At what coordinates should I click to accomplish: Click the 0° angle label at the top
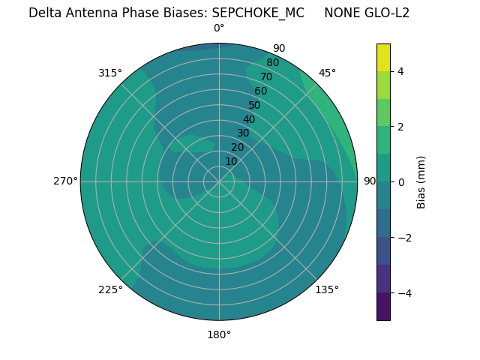coord(219,28)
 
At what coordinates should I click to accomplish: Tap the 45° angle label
coord(327,73)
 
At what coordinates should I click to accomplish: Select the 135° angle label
coord(327,289)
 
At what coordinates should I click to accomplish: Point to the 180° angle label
coord(219,334)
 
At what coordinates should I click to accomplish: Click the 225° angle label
coord(110,289)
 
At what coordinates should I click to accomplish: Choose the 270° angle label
coord(65,181)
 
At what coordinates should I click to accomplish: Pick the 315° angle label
coord(110,73)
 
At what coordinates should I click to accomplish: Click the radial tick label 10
coord(231,161)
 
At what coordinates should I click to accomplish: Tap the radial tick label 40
coord(249,119)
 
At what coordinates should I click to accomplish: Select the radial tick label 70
coord(267,76)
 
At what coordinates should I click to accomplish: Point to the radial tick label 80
coord(273,62)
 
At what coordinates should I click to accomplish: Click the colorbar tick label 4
coord(400,71)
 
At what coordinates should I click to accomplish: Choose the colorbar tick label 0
coord(400,181)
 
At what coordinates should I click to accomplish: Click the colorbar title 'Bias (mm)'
coord(421,181)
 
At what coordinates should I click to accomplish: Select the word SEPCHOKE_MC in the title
coord(259,13)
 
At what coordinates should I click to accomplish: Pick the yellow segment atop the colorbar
coord(383,57)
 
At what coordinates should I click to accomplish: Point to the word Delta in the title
coord(44,13)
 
